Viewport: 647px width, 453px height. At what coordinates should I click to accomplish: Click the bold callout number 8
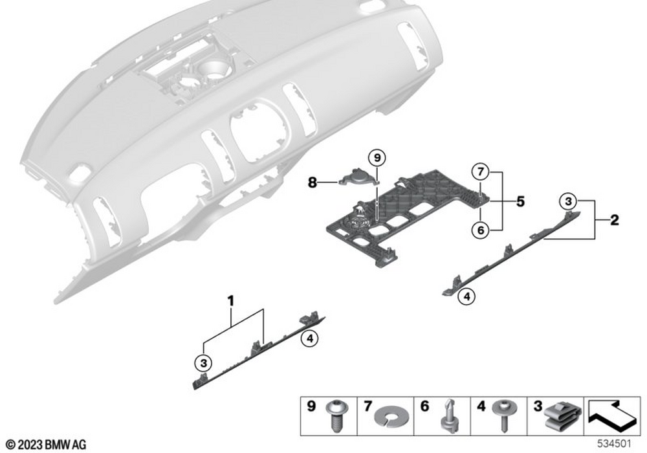(313, 183)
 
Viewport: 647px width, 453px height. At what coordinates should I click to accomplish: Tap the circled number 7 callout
(479, 173)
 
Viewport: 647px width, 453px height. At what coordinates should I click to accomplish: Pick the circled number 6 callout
(479, 228)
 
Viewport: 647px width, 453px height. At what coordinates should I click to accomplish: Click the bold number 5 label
(520, 201)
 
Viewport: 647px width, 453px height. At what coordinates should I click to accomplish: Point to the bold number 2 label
(614, 221)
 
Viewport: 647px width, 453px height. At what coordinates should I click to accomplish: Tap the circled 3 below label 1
(203, 360)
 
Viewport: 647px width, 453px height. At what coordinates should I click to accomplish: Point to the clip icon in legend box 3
(559, 417)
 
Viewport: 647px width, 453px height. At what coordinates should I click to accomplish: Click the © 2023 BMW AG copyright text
(46, 445)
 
